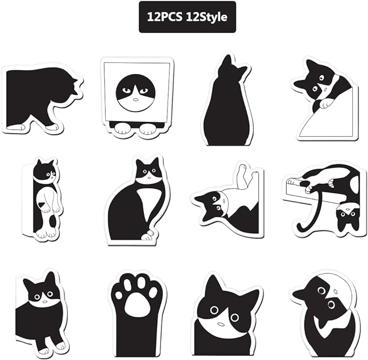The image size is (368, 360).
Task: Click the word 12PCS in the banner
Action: [x=164, y=17]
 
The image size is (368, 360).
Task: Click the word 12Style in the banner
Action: [x=206, y=17]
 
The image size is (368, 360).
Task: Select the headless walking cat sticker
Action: [x=43, y=100]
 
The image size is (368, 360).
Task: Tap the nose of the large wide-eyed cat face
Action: [x=221, y=324]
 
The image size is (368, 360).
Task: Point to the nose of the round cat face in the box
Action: [x=135, y=99]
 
